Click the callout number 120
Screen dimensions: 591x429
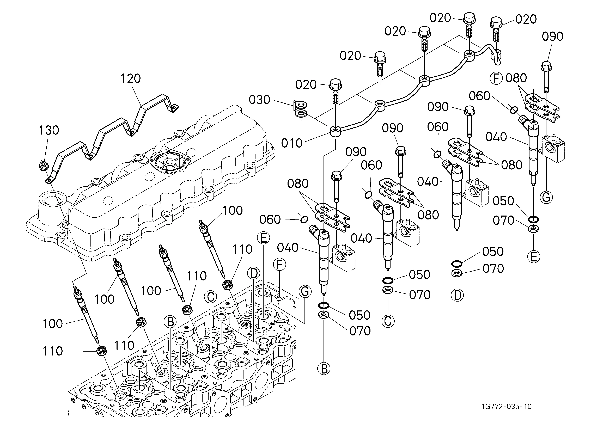click(131, 78)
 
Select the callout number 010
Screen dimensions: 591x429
click(292, 143)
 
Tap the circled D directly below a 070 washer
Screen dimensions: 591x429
click(457, 295)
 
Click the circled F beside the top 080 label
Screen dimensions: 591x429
click(496, 78)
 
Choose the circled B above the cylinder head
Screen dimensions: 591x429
click(170, 322)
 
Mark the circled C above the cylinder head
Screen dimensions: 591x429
click(211, 297)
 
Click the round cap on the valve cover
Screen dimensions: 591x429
click(170, 162)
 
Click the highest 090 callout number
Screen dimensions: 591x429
click(552, 36)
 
